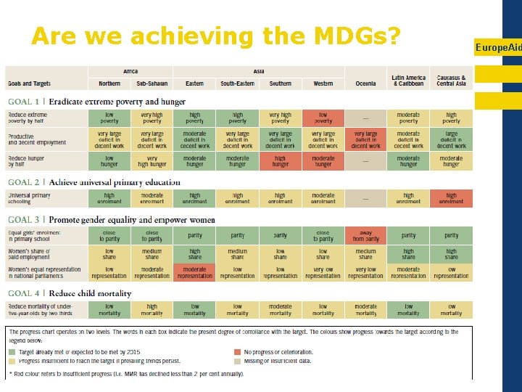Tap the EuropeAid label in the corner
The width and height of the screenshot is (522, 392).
coord(497,47)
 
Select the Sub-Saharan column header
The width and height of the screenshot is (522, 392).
coord(152,83)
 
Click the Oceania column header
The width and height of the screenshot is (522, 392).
coord(365,83)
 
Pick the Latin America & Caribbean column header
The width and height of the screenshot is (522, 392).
coord(408,80)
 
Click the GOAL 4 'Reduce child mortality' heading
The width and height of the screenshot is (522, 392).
coord(70,293)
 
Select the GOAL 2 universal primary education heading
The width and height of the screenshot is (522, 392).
coord(94,182)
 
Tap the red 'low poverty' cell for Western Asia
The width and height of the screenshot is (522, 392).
coord(323,118)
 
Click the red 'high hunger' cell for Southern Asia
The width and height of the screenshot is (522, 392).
coord(281,161)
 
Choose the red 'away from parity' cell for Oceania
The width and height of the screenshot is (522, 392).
coord(365,235)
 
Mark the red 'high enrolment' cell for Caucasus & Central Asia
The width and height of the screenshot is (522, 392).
coord(451,198)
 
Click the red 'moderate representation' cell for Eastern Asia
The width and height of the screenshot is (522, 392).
coord(194,272)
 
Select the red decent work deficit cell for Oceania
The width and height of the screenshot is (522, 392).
coord(365,139)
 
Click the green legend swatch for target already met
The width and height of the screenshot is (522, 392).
coord(12,352)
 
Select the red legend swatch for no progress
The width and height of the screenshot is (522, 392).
coord(238,352)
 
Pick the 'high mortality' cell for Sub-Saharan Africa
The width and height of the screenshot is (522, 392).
coord(152,310)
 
